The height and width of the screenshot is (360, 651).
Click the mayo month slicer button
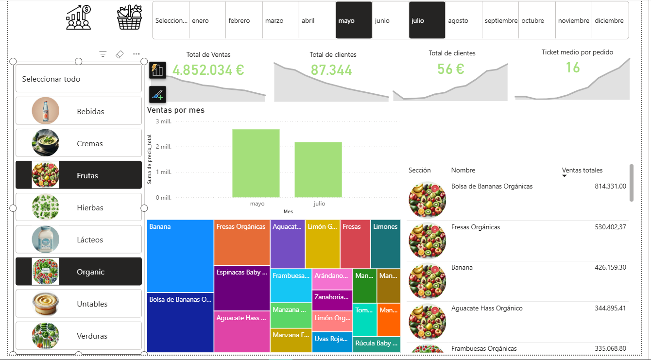354,20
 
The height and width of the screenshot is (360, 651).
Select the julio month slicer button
427,20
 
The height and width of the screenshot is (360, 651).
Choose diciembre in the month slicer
610,20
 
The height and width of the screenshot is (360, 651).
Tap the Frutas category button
79,175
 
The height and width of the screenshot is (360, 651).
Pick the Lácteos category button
79,240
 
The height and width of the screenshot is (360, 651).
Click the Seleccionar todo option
79,79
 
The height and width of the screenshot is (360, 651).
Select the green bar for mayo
256,163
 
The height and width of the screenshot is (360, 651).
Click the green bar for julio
318,170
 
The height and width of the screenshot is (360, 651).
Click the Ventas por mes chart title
176,110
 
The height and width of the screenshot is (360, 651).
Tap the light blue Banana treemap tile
180,256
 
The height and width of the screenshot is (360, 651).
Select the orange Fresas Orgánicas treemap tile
241,242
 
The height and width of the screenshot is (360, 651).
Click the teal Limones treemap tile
385,242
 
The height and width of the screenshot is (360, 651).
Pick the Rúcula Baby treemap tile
377,344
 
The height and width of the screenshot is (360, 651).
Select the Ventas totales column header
582,170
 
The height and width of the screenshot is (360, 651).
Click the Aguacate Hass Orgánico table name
487,308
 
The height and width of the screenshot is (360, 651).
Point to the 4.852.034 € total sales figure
208,70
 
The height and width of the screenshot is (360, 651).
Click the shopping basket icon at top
130,18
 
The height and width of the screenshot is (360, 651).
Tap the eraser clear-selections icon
120,54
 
